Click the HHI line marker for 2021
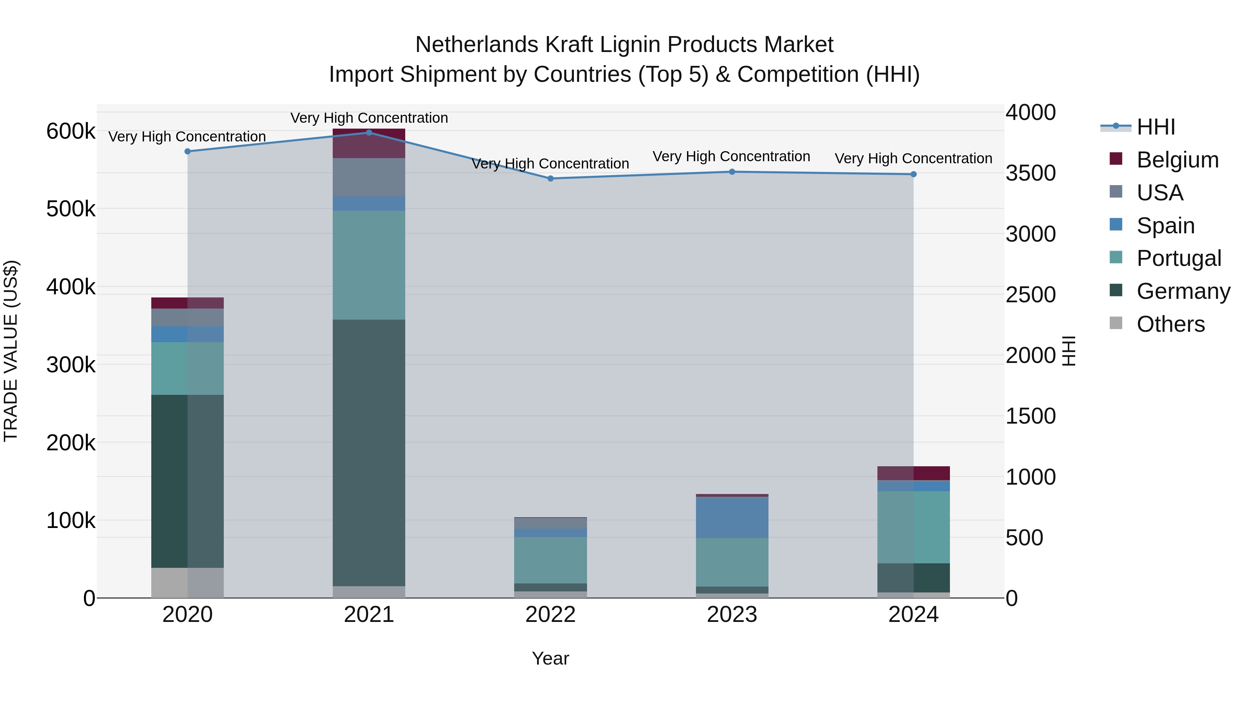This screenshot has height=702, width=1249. (369, 133)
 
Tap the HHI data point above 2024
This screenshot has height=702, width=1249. (914, 174)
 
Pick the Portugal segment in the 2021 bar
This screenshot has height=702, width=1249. (369, 265)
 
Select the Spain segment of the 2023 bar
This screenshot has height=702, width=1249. (732, 518)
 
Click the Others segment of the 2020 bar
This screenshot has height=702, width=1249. (188, 582)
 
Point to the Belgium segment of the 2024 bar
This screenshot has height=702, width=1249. (914, 473)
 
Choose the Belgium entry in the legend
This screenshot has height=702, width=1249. (1177, 160)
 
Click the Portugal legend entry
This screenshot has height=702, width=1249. (1179, 258)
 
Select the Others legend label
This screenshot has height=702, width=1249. (1171, 324)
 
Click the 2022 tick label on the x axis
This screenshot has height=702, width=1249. (550, 615)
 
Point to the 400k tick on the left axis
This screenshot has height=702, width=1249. (71, 287)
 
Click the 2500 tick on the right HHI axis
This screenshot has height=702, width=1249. (1030, 295)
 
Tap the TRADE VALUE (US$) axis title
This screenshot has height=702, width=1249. (11, 351)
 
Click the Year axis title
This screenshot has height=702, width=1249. (550, 658)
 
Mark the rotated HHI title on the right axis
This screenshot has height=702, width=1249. (1069, 351)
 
